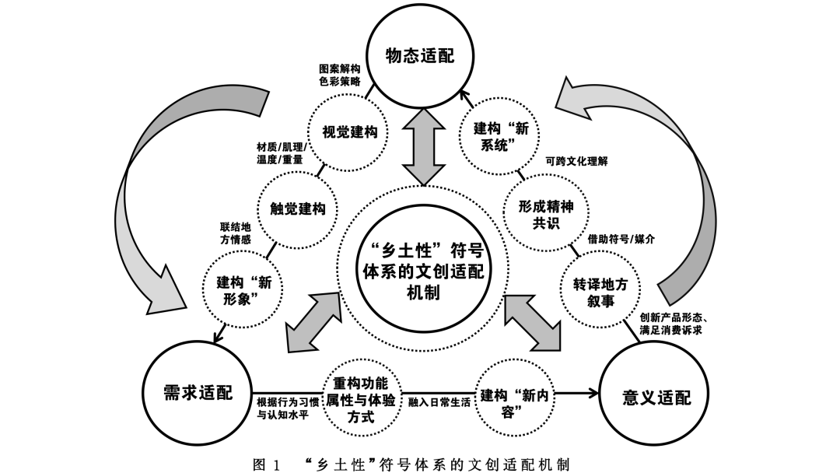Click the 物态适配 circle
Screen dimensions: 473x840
tap(420, 57)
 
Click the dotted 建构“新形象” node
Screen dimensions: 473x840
tap(243, 290)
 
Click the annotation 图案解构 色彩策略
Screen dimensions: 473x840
tap(339, 75)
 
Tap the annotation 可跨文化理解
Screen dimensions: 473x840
tap(576, 162)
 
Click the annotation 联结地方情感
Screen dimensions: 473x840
tap(236, 233)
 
